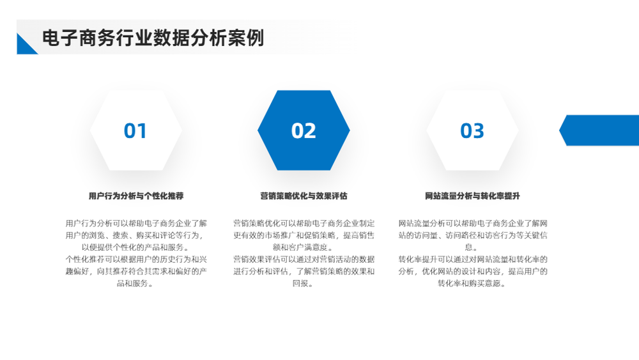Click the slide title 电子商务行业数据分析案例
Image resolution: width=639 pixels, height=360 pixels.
click(153, 38)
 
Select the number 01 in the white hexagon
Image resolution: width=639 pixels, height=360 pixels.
click(135, 131)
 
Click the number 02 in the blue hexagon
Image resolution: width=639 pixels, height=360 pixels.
click(304, 131)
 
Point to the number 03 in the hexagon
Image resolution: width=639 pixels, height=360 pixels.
click(472, 131)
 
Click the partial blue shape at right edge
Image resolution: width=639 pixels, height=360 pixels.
click(600, 130)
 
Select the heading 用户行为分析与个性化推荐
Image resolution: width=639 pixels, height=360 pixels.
click(136, 196)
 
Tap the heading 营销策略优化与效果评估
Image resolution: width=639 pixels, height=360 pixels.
click(304, 196)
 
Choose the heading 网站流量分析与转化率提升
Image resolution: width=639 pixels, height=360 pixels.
click(472, 196)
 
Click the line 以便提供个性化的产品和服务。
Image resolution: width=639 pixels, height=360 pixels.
click(136, 247)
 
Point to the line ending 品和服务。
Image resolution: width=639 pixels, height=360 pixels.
click(136, 283)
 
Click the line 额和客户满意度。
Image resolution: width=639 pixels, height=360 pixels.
click(304, 247)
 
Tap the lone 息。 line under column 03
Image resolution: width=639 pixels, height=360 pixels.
click(472, 247)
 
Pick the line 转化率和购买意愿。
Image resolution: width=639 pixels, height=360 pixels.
click(472, 283)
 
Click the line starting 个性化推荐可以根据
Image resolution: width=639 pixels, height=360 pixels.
click(136, 260)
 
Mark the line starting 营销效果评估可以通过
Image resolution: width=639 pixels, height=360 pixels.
click(304, 260)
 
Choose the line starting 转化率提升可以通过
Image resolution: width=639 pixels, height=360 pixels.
click(473, 260)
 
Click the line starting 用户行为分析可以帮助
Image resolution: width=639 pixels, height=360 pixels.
click(136, 223)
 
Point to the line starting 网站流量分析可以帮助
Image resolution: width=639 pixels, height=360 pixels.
click(473, 223)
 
